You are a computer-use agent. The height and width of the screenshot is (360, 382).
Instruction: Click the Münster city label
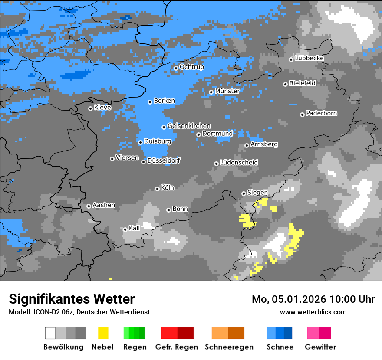[227, 91]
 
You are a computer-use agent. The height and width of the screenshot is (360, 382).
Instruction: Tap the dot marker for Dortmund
[198, 134]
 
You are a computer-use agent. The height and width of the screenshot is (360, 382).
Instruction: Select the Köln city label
[168, 188]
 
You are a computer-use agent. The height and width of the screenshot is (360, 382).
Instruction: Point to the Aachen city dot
[89, 206]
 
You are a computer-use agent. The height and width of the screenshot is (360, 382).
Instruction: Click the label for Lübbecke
[310, 58]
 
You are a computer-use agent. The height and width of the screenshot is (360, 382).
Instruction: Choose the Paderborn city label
[322, 113]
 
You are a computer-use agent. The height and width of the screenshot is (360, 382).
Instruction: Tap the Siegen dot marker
[244, 193]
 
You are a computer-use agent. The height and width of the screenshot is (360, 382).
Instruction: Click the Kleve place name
[103, 107]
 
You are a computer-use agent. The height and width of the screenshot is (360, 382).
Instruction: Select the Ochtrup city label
[192, 67]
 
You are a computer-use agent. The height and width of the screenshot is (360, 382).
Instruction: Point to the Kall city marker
[125, 229]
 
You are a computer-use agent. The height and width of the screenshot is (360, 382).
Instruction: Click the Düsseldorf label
[164, 160]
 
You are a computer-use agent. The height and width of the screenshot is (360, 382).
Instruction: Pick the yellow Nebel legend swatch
[103, 333]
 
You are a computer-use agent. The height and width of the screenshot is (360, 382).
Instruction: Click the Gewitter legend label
[320, 347]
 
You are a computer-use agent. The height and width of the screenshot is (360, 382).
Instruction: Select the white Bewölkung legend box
[50, 333]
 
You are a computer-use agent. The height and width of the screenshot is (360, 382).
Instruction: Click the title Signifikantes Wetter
[72, 299]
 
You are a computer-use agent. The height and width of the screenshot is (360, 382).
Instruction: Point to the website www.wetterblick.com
[313, 312]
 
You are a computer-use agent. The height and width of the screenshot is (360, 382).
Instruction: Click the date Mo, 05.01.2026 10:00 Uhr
[313, 299]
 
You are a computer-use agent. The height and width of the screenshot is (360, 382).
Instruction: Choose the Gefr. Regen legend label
[177, 347]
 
